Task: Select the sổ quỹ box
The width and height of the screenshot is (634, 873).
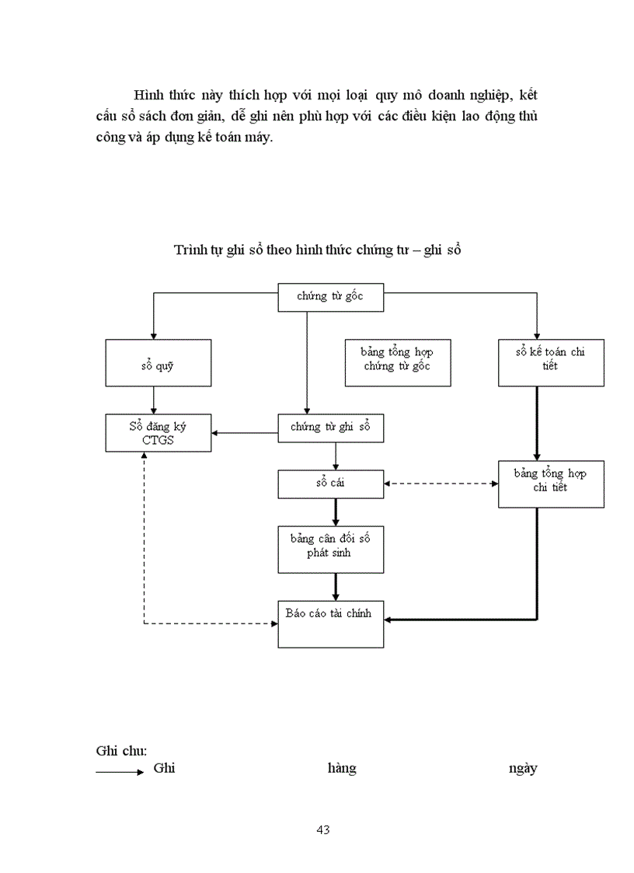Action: coord(158,362)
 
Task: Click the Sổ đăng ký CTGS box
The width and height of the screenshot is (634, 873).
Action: coord(158,433)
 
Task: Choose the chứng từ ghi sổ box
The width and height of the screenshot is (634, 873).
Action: coord(330,428)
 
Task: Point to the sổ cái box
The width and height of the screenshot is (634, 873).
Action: coord(330,484)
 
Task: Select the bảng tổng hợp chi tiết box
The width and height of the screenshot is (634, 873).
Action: coord(551,484)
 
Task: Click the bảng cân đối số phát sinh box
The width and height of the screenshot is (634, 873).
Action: coord(330,549)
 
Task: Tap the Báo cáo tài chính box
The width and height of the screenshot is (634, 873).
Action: coord(330,623)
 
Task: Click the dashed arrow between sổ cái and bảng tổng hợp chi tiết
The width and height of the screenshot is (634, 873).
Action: coord(441,484)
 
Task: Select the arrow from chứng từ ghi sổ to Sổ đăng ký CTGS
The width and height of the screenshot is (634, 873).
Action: coord(245,432)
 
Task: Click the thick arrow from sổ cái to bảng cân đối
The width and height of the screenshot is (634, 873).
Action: coord(336,512)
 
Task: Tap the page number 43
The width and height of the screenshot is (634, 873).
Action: coord(323,829)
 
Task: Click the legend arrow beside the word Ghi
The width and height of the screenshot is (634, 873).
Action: coord(119,772)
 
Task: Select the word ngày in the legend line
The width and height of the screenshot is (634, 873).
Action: coord(522,769)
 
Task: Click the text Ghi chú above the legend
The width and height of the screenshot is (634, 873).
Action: coord(121,751)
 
